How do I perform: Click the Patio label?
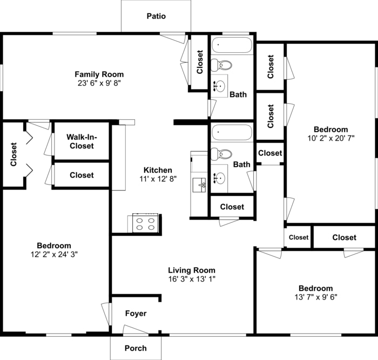pos(156,16)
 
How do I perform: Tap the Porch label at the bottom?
pos(136,348)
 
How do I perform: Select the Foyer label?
pos(136,314)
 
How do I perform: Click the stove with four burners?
pos(145,223)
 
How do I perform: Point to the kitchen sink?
pos(201,185)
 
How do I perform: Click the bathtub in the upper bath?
pos(232,45)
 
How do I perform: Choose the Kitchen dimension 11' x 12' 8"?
pos(158,179)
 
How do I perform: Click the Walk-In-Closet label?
pos(80,141)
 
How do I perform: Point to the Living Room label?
pos(191,270)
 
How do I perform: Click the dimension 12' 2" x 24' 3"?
pos(54,254)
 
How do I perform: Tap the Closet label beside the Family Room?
pos(200,62)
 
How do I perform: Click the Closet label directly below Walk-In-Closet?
pos(82,175)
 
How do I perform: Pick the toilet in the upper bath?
pos(222,66)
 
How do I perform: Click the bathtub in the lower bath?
pos(232,132)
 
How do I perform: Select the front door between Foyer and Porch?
pos(135,330)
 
